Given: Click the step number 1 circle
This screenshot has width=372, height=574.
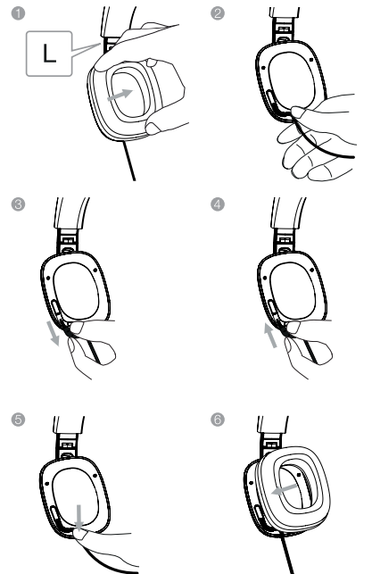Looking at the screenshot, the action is [18, 13].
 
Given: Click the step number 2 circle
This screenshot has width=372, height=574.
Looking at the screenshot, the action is [218, 13].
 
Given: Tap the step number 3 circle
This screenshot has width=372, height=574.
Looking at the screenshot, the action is [18, 204].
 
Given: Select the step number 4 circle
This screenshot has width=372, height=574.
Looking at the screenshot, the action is [218, 204].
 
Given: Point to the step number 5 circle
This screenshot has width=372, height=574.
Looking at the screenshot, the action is [18, 420].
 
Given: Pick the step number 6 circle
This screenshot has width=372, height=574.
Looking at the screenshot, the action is [218, 420].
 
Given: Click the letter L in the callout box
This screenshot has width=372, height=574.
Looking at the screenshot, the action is [49, 54].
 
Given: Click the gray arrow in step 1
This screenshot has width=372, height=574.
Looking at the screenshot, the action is [120, 95].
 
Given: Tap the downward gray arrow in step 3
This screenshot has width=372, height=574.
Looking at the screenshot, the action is [53, 333].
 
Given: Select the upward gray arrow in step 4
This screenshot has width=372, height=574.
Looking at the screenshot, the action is [270, 335].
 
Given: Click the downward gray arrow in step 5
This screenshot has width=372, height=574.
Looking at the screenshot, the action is [79, 517].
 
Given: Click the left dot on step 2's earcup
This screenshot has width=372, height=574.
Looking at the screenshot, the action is [263, 68].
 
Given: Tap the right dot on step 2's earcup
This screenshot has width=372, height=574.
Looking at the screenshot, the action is [311, 59].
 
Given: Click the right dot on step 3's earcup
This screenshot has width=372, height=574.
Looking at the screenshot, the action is [95, 270].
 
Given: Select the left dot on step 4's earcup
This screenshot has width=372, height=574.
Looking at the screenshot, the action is [264, 278].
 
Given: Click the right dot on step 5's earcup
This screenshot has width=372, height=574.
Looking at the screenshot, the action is [95, 476].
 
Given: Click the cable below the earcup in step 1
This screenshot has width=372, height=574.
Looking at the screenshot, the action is [129, 161].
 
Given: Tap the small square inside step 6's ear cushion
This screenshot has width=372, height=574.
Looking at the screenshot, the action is [299, 475].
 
